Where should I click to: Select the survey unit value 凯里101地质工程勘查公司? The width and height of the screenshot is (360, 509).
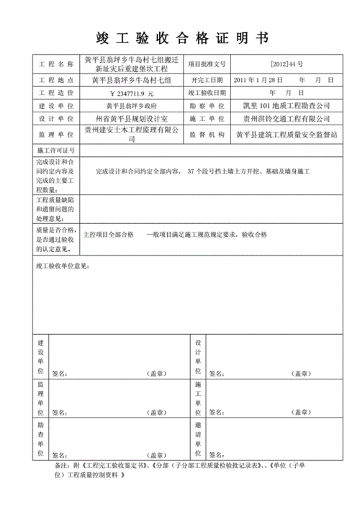286,106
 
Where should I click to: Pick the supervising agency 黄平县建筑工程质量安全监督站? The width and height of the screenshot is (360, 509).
283,133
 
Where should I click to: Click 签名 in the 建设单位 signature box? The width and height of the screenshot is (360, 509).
59,374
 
